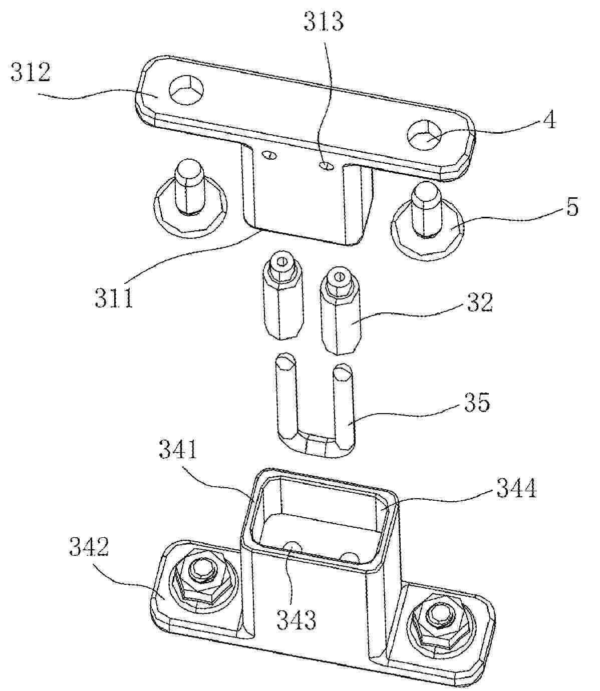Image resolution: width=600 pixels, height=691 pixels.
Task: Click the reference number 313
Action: click(324, 21)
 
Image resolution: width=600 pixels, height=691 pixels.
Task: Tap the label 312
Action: click(31, 72)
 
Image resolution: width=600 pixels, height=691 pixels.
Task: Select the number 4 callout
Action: click(550, 120)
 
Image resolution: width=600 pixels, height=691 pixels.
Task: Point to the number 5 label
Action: click(572, 207)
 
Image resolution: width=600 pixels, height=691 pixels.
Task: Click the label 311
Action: click(114, 297)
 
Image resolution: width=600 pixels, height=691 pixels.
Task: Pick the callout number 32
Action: click(479, 302)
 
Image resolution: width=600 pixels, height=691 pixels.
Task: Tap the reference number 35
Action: click(477, 402)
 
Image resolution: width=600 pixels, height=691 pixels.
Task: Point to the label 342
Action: click(89, 546)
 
